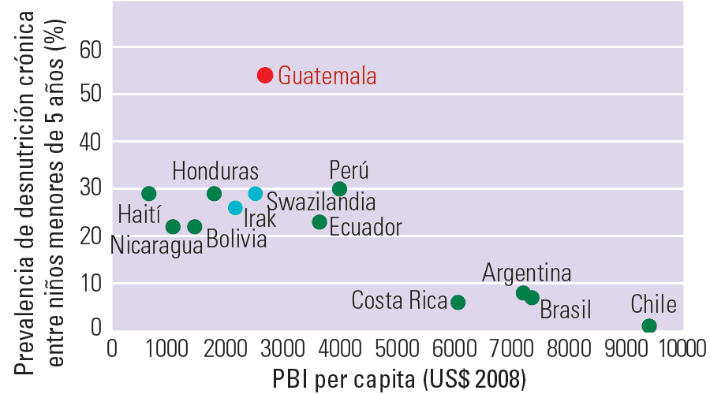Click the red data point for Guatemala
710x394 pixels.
(x=265, y=75)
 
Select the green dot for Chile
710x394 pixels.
(x=648, y=326)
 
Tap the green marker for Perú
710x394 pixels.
(x=339, y=188)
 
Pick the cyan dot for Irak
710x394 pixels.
(x=235, y=208)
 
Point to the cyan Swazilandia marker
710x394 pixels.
(x=255, y=193)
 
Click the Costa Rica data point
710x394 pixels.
(x=458, y=302)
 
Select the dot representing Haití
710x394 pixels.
(x=148, y=194)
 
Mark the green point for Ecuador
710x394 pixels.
(x=319, y=222)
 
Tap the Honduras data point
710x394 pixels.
(x=214, y=194)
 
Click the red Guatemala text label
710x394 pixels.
(x=327, y=76)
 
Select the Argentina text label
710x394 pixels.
(x=527, y=273)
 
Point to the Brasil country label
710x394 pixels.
(x=565, y=310)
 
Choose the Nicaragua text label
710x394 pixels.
(x=156, y=244)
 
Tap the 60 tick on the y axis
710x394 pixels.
(x=92, y=49)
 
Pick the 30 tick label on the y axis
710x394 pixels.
(x=92, y=188)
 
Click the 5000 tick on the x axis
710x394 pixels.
(x=397, y=348)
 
